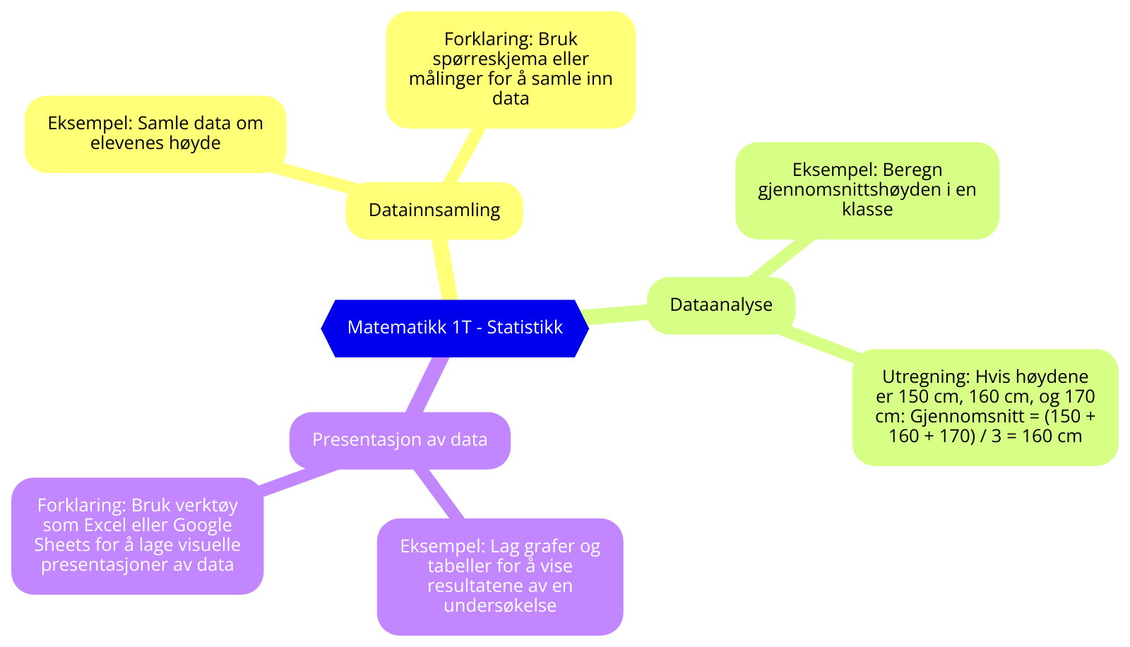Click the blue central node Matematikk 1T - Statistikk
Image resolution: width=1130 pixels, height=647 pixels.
pos(455,328)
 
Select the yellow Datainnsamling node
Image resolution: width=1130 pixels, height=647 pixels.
pos(434,210)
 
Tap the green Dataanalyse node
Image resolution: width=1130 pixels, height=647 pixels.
pos(721,305)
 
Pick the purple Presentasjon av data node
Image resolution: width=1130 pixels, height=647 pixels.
pos(400,440)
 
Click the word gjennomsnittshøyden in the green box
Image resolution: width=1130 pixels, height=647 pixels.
pos(832,190)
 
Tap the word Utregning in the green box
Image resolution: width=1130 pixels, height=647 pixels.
pos(925,376)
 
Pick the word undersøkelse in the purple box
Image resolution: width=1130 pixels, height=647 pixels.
pos(500,606)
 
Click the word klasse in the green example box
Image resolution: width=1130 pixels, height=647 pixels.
pos(867,210)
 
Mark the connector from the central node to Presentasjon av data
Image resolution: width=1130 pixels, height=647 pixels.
pos(428,385)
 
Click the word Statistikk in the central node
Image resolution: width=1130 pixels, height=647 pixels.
pos(525,328)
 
